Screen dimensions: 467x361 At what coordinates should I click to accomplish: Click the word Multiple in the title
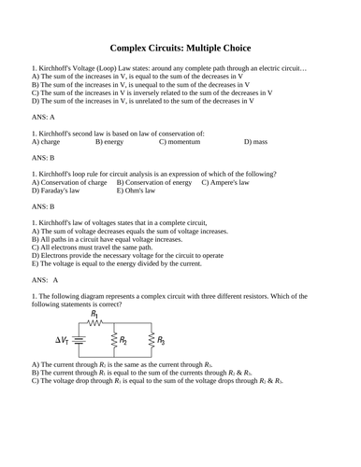[x=196, y=48]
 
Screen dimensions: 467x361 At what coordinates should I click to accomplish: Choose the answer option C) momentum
[x=182, y=142]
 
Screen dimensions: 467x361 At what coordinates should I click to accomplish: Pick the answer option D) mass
[x=255, y=142]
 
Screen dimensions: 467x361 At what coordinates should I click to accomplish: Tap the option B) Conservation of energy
[x=154, y=182]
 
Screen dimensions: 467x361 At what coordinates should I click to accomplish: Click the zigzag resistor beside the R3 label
[x=148, y=341]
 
